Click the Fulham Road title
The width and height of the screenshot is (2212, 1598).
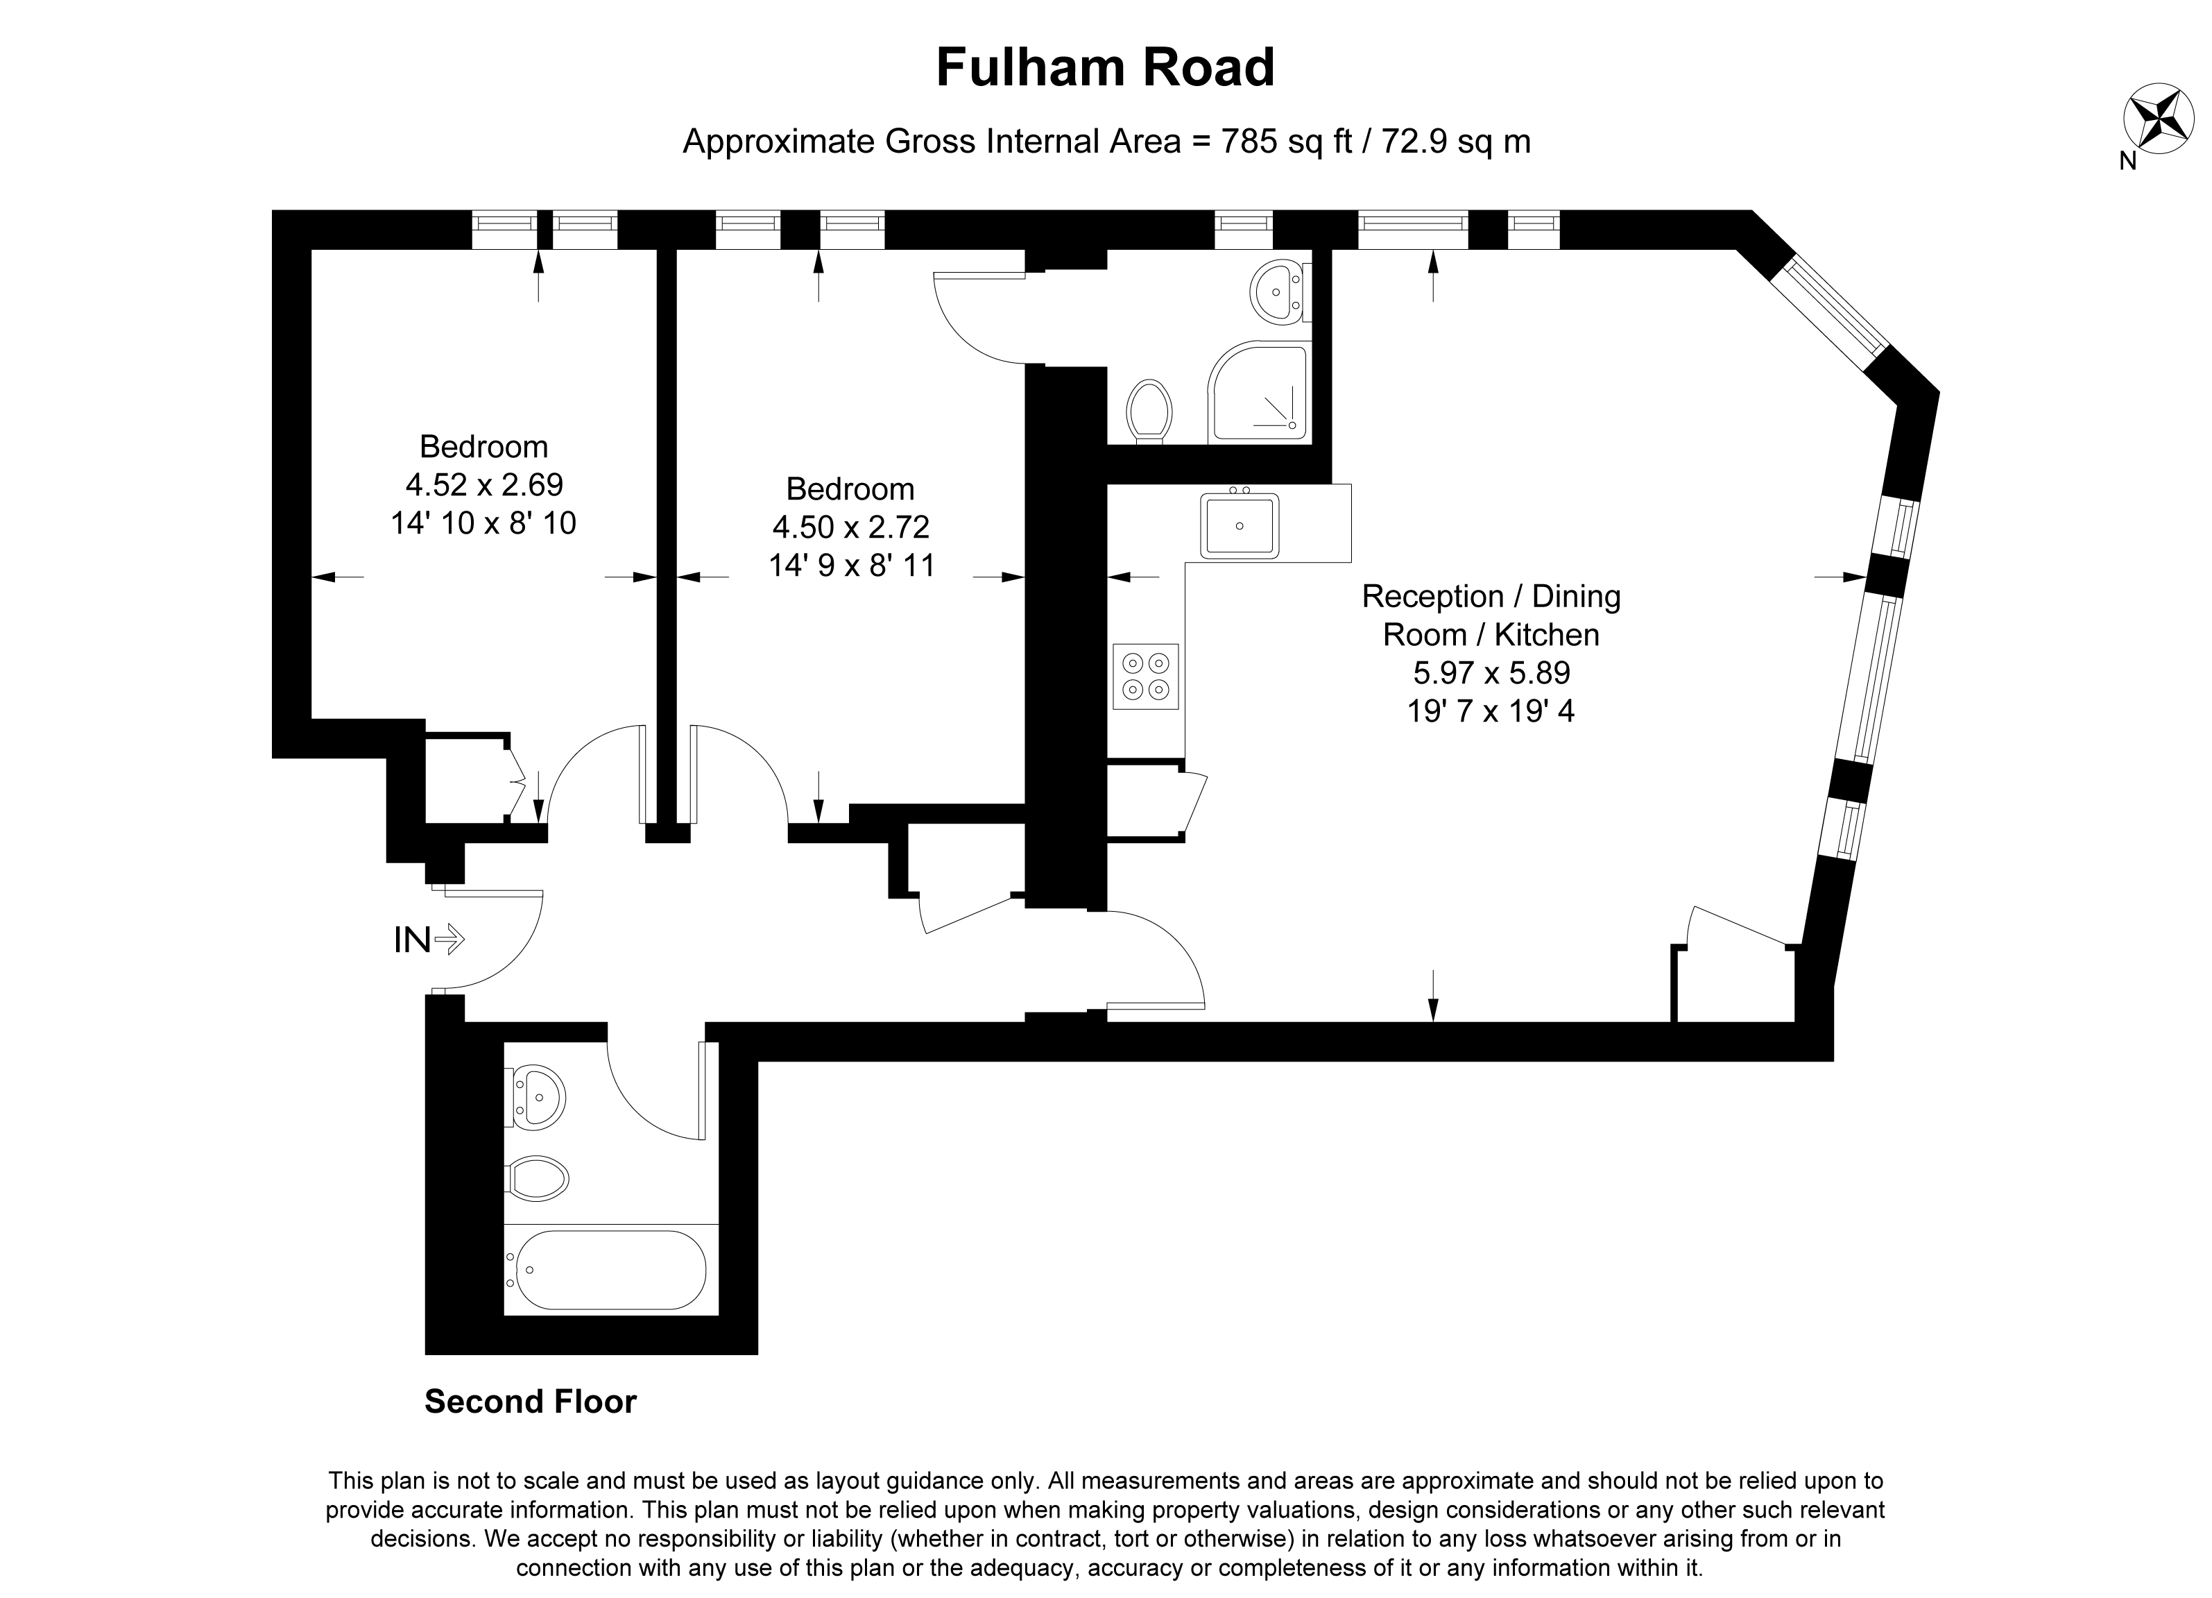tap(1105, 67)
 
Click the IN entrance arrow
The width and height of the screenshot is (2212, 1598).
tap(449, 940)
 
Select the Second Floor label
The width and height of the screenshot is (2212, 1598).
tap(531, 1401)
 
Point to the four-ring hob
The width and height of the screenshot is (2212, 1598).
tap(1145, 676)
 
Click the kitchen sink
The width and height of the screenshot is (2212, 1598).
tap(1240, 525)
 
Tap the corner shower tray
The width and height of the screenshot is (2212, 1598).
tap(1259, 391)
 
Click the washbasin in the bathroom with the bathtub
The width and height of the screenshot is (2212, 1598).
tap(535, 1098)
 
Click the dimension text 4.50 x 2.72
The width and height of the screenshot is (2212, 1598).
tap(850, 527)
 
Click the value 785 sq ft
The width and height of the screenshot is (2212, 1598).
tap(1273, 142)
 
